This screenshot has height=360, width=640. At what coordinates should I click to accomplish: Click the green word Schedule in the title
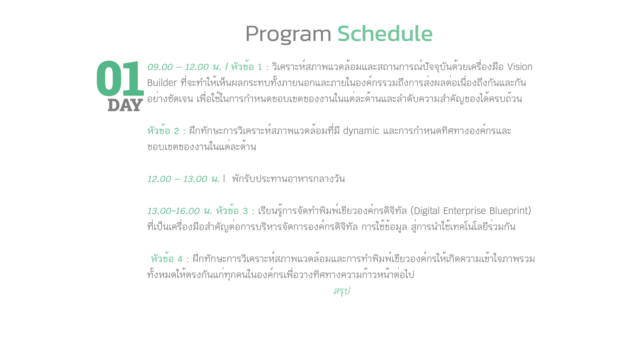click(385, 33)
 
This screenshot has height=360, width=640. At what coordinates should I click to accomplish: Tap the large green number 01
click(120, 78)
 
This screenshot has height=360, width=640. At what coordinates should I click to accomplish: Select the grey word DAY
click(125, 105)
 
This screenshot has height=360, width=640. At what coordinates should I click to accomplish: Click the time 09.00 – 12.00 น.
click(184, 67)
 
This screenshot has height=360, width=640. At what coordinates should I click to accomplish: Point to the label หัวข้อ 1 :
click(250, 67)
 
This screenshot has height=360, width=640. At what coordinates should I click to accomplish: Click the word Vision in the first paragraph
click(520, 67)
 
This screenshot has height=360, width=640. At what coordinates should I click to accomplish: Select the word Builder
click(162, 83)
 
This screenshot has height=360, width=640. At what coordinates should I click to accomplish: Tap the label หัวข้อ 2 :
click(166, 131)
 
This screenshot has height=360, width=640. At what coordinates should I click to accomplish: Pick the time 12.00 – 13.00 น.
click(183, 179)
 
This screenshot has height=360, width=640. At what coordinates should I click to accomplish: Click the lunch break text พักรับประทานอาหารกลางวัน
click(288, 179)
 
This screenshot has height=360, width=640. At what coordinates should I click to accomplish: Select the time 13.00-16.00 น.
click(180, 211)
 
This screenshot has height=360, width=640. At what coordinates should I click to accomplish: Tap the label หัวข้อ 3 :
click(235, 211)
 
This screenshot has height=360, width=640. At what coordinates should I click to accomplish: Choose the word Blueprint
click(509, 211)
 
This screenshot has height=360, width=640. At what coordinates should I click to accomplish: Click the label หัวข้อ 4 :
click(170, 259)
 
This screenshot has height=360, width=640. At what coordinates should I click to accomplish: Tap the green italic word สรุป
click(342, 291)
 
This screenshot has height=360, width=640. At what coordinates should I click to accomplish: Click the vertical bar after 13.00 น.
click(224, 179)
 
